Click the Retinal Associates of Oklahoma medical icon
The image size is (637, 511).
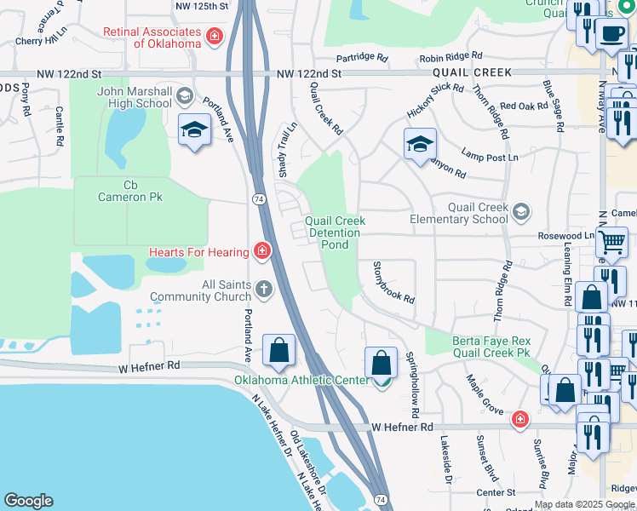pyautogui.click(x=215, y=36)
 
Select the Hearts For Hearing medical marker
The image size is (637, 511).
pyautogui.click(x=262, y=251)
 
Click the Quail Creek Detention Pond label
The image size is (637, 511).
pyautogui.click(x=336, y=233)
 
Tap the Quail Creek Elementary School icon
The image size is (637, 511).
pyautogui.click(x=521, y=210)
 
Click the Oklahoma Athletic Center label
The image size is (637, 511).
pyautogui.click(x=307, y=380)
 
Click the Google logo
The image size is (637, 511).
pyautogui.click(x=28, y=501)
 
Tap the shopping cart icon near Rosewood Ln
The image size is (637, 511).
pyautogui.click(x=612, y=244)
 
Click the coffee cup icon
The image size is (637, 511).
pyautogui.click(x=610, y=34)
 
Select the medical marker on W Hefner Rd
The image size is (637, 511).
pyautogui.click(x=519, y=420)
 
